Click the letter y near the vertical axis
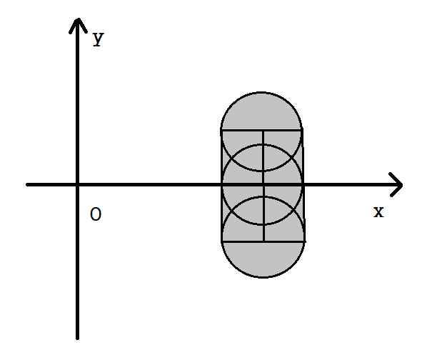[x=99, y=39]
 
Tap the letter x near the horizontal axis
[x=378, y=211]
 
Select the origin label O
[x=96, y=214]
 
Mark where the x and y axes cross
[x=78, y=185]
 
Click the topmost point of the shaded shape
[x=261, y=92]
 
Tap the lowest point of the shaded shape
[x=263, y=277]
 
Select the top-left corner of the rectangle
[x=221, y=130]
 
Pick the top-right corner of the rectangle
[x=303, y=130]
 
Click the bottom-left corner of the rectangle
[x=222, y=241]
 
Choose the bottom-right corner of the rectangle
[x=304, y=241]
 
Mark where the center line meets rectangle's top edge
[x=263, y=130]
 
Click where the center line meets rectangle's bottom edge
[x=263, y=241]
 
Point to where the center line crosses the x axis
[x=263, y=185]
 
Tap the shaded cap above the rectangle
[x=261, y=113]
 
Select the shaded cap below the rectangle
[x=263, y=258]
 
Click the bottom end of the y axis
[x=78, y=339]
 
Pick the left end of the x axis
[x=27, y=185]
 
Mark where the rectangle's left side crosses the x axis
[x=222, y=185]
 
